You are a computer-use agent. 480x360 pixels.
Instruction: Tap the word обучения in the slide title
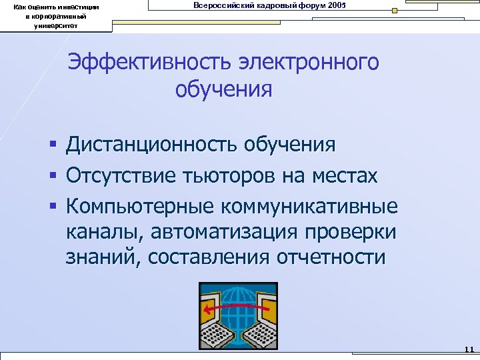(224, 89)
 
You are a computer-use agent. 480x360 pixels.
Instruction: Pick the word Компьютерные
(136, 207)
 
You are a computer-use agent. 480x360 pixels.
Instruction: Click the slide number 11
(468, 349)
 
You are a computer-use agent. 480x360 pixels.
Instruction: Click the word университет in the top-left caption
(56, 26)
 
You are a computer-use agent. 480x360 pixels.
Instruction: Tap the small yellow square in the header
(394, 11)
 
